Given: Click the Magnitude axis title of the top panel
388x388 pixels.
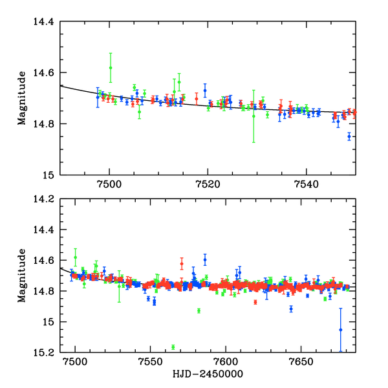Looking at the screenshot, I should pyautogui.click(x=22, y=98).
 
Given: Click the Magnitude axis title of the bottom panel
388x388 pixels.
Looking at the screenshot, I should pyautogui.click(x=22, y=275).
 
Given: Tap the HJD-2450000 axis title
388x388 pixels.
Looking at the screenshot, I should pyautogui.click(x=208, y=374).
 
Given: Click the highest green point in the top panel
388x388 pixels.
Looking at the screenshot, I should pyautogui.click(x=111, y=67).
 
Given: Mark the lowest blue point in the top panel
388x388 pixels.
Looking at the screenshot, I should pyautogui.click(x=349, y=136).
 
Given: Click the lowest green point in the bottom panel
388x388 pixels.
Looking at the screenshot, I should pyautogui.click(x=173, y=347).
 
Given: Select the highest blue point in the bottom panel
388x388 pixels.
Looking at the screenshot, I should pyautogui.click(x=205, y=259).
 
